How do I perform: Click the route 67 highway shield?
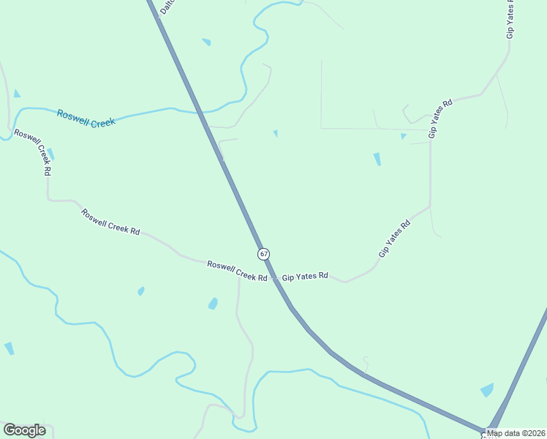(263, 253)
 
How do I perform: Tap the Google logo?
(24, 430)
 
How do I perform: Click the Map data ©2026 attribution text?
(516, 433)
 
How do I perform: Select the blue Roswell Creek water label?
(86, 119)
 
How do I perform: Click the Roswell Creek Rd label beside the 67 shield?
(236, 271)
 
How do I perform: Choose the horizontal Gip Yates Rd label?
(305, 277)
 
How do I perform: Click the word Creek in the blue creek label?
(103, 122)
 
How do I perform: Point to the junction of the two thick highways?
(488, 432)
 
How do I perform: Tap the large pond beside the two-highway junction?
(487, 390)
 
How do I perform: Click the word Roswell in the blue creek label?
(73, 116)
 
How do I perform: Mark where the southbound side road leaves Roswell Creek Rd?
(239, 277)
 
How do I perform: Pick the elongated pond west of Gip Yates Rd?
(377, 159)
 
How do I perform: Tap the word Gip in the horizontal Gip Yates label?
(287, 277)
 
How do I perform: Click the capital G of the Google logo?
(10, 430)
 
